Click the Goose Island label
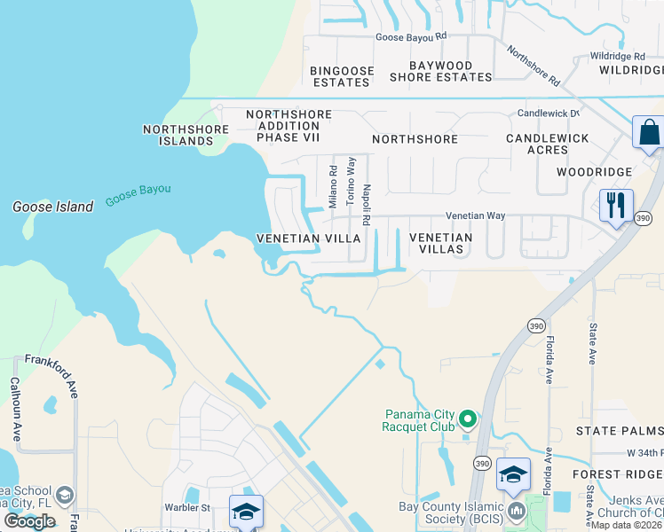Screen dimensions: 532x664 [x=52, y=207]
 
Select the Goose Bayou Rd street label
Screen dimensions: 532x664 [x=411, y=36]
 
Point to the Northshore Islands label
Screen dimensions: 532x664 [x=178, y=135]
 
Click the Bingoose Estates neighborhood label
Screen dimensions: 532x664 [x=340, y=76]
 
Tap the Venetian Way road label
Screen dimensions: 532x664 [x=475, y=215]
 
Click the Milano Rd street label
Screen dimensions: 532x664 [x=333, y=186]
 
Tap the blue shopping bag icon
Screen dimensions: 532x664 [x=648, y=133]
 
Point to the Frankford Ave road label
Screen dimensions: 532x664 [x=51, y=363]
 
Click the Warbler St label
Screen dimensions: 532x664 [x=186, y=508]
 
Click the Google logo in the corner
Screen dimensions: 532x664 [x=29, y=520]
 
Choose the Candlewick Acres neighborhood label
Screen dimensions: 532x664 [x=548, y=145]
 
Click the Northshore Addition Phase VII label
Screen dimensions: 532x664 [x=289, y=126]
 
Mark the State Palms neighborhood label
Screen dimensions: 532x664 [x=619, y=431]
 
